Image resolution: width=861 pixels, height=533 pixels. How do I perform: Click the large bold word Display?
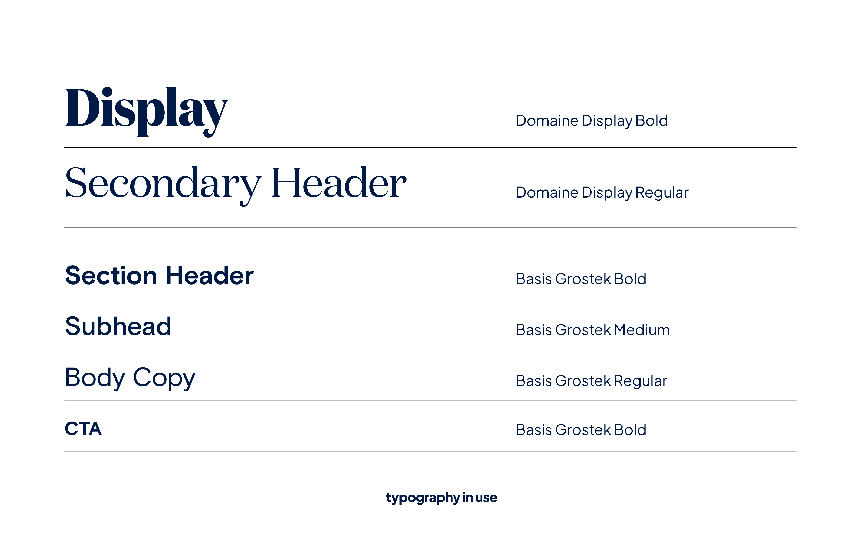tap(147, 112)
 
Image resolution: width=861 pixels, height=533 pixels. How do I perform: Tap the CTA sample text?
tap(83, 429)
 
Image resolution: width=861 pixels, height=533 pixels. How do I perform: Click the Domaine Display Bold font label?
tap(592, 121)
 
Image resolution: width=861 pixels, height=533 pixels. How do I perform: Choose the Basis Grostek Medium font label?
tap(593, 330)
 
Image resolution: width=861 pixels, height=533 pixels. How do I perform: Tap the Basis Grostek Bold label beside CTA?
tap(581, 430)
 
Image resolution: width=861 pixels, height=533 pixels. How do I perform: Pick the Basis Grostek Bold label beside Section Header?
tap(581, 279)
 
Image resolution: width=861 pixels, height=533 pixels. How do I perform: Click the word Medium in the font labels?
tap(642, 330)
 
